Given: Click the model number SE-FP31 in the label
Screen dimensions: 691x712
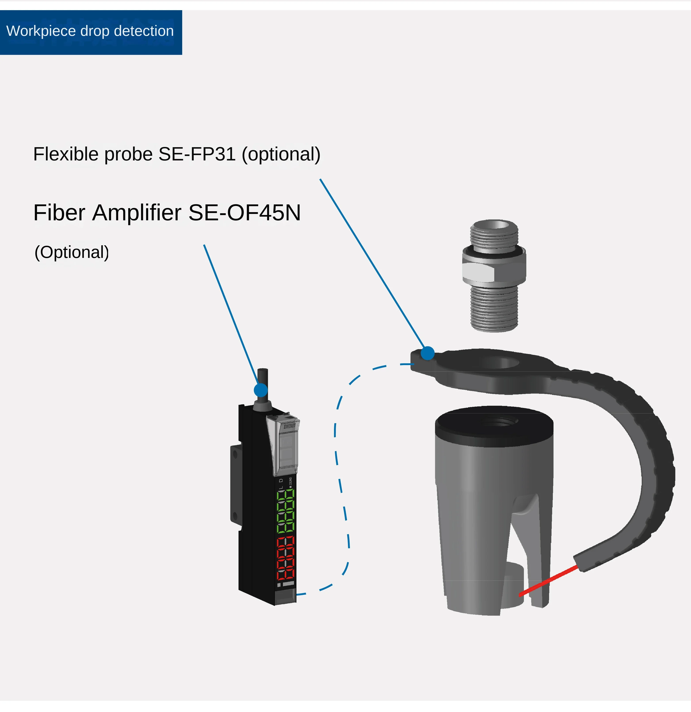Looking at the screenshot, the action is point(197,154).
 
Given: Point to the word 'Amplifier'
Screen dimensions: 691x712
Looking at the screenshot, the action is point(137,213).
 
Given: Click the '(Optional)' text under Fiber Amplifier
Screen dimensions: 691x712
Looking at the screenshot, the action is point(72,252).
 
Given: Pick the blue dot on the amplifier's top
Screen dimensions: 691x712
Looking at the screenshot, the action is point(260,390).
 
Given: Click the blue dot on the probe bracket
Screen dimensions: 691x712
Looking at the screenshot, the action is point(428,353).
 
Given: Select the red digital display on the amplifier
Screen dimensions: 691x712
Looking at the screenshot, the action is point(286,558).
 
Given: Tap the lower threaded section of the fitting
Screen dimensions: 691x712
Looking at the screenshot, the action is point(494,309).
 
